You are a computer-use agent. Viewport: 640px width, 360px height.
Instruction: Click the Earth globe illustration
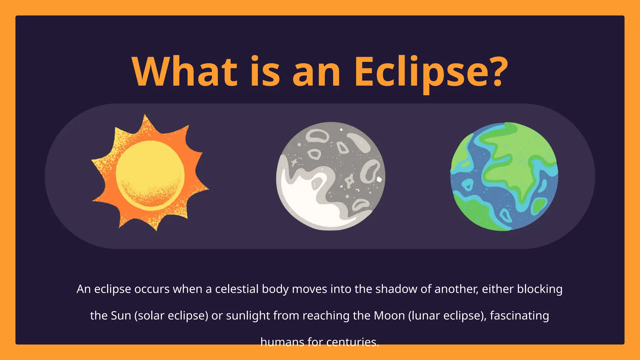pyautogui.click(x=504, y=177)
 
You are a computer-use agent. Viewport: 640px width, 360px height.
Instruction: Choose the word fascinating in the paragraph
pyautogui.click(x=519, y=316)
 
